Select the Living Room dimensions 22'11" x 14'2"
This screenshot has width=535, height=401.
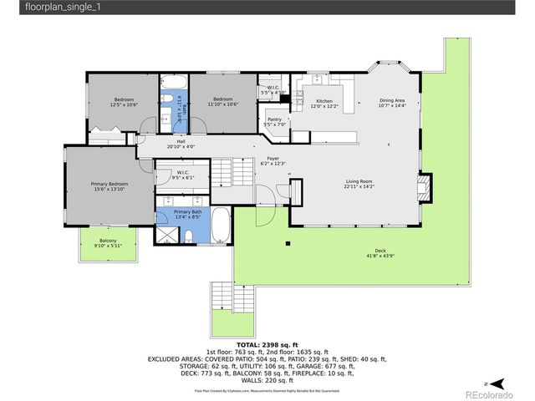pyautogui.click(x=359, y=187)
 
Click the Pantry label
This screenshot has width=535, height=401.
pyautogui.click(x=274, y=119)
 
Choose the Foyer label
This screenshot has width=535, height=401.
pyautogui.click(x=273, y=158)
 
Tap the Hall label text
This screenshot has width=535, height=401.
pyautogui.click(x=181, y=141)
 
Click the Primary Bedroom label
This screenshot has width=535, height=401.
pyautogui.click(x=110, y=184)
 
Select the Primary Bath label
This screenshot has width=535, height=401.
pyautogui.click(x=188, y=213)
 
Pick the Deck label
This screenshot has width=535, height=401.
pyautogui.click(x=380, y=251)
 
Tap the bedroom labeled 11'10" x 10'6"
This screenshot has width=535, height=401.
pyautogui.click(x=223, y=101)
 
